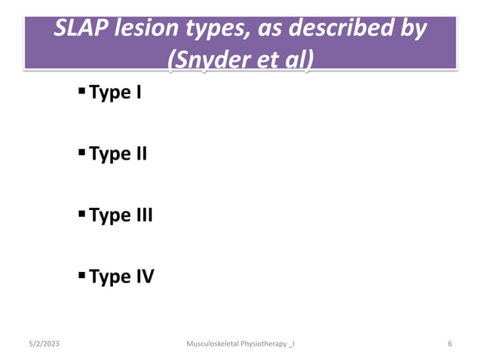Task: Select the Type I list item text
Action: click(x=115, y=94)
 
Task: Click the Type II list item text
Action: click(x=118, y=154)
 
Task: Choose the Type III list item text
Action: click(x=121, y=215)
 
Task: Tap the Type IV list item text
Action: click(x=121, y=276)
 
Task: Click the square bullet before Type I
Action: click(x=81, y=93)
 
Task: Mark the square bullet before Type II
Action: click(x=81, y=154)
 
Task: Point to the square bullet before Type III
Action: click(x=81, y=215)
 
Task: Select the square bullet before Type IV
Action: click(x=81, y=276)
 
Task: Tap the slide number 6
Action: click(x=449, y=344)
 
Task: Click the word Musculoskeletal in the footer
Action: click(x=213, y=344)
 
